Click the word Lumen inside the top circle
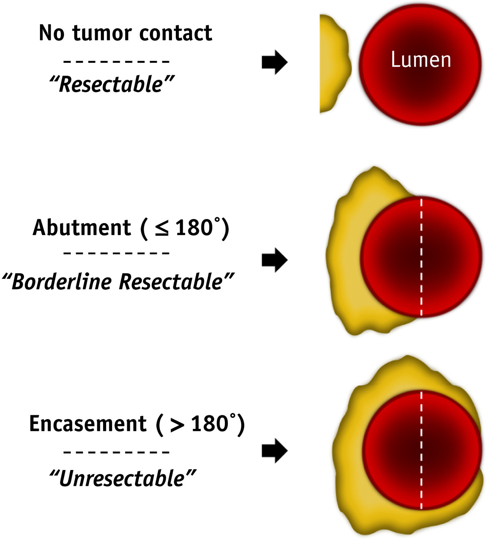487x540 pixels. tap(421, 60)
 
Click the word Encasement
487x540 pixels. tap(88, 424)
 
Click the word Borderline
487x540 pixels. tap(61, 282)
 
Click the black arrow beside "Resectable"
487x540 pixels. tap(274, 62)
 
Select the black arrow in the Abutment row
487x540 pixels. tap(274, 260)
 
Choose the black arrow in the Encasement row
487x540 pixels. tap(274, 451)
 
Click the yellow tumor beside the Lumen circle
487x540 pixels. tap(333, 64)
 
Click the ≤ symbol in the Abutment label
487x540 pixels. tap(162, 229)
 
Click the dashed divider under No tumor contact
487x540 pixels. tap(116, 61)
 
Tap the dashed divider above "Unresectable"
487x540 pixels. tap(116, 452)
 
